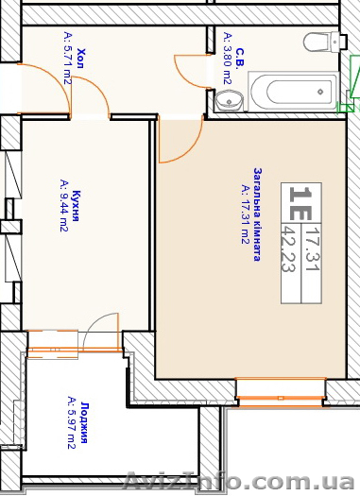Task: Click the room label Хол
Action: click(80, 59)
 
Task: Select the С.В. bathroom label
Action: click(240, 58)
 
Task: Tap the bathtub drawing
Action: click(293, 92)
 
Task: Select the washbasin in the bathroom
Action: click(229, 100)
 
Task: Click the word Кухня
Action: click(76, 206)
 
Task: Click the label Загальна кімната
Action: click(257, 214)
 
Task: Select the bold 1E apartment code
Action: click(300, 203)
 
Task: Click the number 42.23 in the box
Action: click(288, 248)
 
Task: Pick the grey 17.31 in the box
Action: click(313, 248)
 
